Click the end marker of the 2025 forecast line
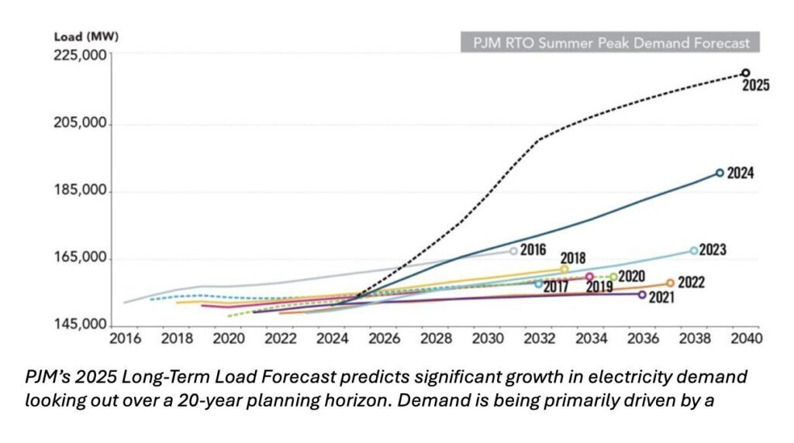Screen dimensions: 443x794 745,74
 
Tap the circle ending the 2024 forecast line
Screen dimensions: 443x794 720,173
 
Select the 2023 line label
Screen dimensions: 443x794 713,250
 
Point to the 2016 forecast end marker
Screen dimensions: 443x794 513,251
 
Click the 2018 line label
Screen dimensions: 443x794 572,258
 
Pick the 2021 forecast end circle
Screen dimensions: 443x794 642,294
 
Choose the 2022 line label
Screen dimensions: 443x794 691,283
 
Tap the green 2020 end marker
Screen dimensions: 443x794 613,276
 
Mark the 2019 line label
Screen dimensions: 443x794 599,287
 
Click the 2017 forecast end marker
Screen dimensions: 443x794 539,283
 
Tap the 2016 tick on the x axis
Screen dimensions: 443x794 124,338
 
